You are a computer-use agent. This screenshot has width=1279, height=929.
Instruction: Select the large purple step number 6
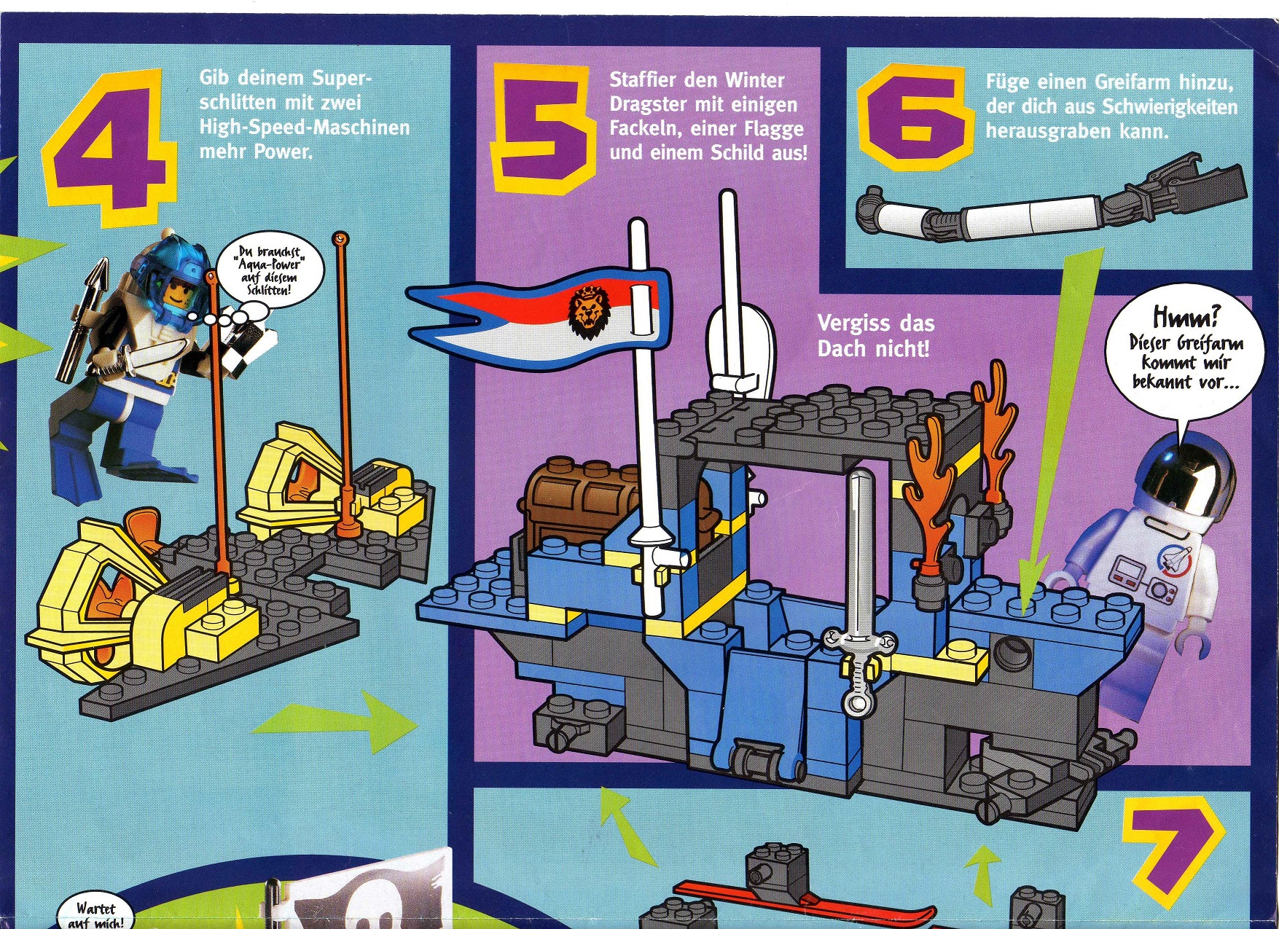(x=914, y=122)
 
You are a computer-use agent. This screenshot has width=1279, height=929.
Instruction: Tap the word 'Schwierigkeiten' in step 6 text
(x=1170, y=107)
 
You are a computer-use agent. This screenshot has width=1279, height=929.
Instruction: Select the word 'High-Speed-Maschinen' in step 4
(x=305, y=128)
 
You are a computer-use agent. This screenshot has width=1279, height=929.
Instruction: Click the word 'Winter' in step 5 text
(x=754, y=80)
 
